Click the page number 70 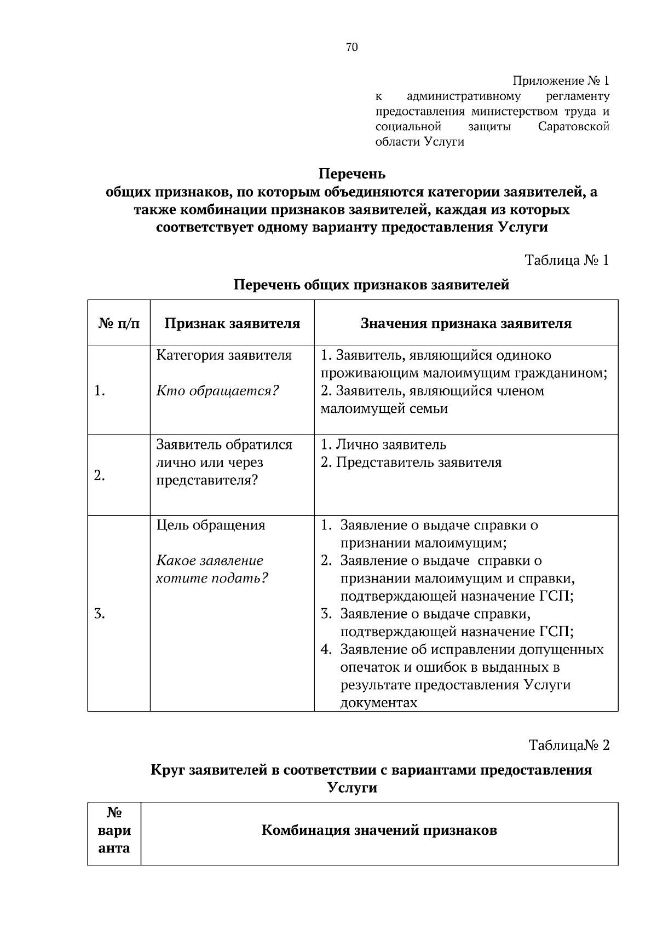pos(351,48)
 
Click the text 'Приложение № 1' pos(561,81)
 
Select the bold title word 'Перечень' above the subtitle pos(352,174)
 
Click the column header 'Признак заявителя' pos(232,323)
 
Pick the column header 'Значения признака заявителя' pos(466,323)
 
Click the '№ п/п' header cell pos(119,323)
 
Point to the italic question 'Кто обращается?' pos(218,391)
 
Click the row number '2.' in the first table pos(100,475)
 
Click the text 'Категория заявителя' pos(224,355)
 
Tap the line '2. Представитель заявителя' pos(411,463)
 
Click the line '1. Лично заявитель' pos(383,445)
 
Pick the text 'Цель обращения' pos(211,526)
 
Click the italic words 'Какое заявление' pos(210,561)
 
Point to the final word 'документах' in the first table pos(378,703)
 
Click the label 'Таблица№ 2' pos(569,745)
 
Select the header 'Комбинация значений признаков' pos(379,830)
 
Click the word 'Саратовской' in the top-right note pos(574,127)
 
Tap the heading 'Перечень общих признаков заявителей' pos(372,285)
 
